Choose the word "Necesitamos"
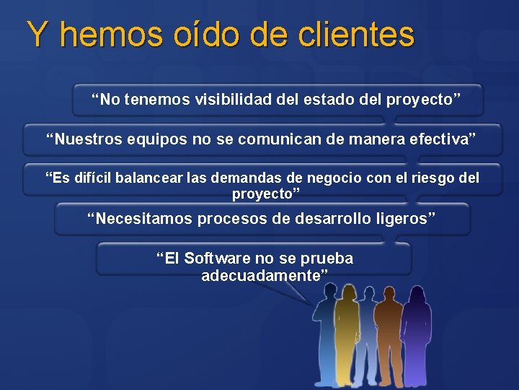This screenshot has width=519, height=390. click(x=141, y=218)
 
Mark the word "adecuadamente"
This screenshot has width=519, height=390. click(x=264, y=275)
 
